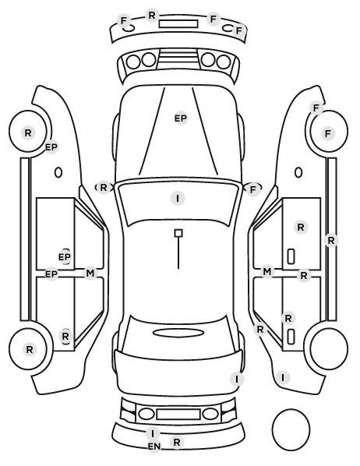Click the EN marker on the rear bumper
coord(154,447)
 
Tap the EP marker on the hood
coord(181,118)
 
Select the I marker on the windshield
coord(178,198)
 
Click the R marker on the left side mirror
coord(103,188)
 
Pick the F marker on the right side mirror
coord(253,189)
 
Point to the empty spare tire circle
coord(291,429)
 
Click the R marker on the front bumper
coord(152,15)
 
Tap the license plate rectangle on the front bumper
coord(178,24)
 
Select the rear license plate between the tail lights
coord(178,415)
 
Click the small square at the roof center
coord(178,233)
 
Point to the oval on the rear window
coord(178,333)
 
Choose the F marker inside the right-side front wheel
coord(328,133)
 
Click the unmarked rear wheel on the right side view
coord(329,348)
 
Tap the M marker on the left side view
coord(90,273)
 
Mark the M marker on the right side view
coord(267,272)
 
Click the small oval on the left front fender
coord(58,172)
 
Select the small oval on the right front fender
coord(298,172)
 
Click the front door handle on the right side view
coord(291,256)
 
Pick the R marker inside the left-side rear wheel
coord(29,349)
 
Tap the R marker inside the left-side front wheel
coord(28,132)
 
